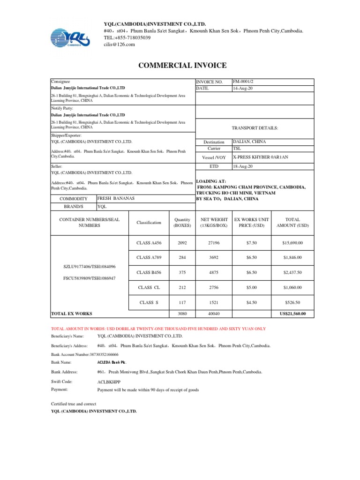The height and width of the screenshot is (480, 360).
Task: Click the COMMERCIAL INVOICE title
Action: (x=182, y=66)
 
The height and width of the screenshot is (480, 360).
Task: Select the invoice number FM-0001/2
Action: (x=243, y=82)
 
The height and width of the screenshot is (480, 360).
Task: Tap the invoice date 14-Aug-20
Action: (x=242, y=88)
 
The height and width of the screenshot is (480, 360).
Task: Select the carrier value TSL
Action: (x=237, y=148)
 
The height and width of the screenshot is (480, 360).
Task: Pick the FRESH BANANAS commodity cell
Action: (x=116, y=198)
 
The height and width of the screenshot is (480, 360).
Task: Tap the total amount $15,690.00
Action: (x=292, y=243)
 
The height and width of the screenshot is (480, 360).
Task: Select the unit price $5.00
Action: (x=254, y=287)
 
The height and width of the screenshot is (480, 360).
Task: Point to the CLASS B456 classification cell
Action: (x=149, y=272)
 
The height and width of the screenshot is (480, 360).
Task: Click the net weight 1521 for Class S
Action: (x=214, y=302)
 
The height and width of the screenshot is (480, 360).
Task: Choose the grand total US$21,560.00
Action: (x=292, y=314)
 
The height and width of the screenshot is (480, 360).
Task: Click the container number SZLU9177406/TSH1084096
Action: (x=89, y=267)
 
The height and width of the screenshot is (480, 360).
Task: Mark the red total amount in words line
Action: (x=158, y=328)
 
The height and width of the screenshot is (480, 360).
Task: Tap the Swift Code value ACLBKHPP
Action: (x=108, y=382)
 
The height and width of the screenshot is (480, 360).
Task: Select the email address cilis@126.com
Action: (x=119, y=44)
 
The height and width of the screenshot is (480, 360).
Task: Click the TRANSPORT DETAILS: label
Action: (x=255, y=127)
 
